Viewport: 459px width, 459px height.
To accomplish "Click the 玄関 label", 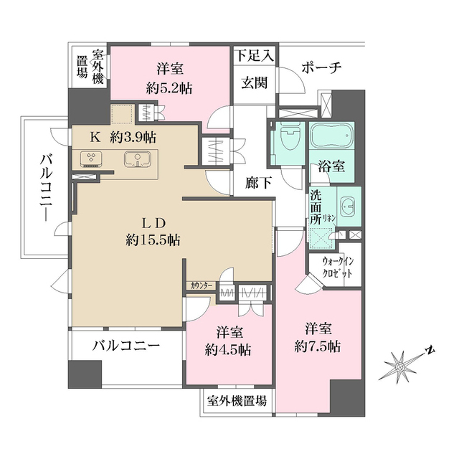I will tap(253, 82).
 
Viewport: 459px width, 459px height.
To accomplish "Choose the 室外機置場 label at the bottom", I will tap(237, 400).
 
